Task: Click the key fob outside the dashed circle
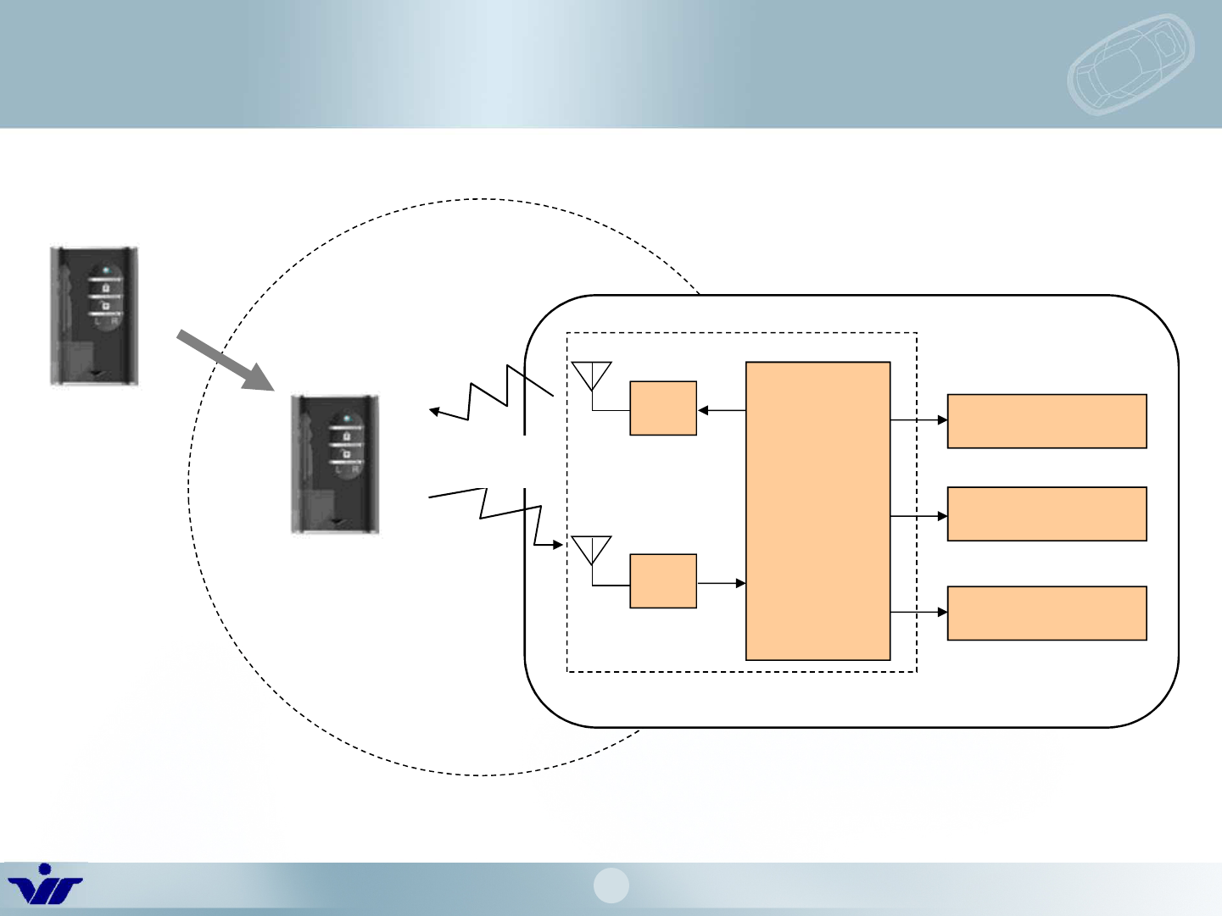pyautogui.click(x=93, y=316)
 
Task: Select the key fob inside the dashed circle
pyautogui.click(x=334, y=464)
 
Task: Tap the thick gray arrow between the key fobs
pyautogui.click(x=225, y=361)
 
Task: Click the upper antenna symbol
pyautogui.click(x=592, y=375)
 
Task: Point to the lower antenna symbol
pyautogui.click(x=592, y=549)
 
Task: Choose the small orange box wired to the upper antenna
pyautogui.click(x=663, y=408)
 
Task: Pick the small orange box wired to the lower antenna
pyautogui.click(x=663, y=581)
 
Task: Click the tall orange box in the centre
pyautogui.click(x=817, y=511)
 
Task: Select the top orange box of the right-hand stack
pyautogui.click(x=1046, y=421)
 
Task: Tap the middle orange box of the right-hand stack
pyautogui.click(x=1046, y=514)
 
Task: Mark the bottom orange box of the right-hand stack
pyautogui.click(x=1046, y=613)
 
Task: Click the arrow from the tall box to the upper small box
pyautogui.click(x=721, y=411)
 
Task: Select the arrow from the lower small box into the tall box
pyautogui.click(x=721, y=583)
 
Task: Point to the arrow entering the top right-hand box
pyautogui.click(x=919, y=419)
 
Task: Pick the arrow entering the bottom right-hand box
pyautogui.click(x=919, y=612)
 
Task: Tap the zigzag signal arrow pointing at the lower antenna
pyautogui.click(x=500, y=514)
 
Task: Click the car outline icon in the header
pyautogui.click(x=1130, y=64)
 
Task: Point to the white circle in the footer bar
pyautogui.click(x=611, y=885)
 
